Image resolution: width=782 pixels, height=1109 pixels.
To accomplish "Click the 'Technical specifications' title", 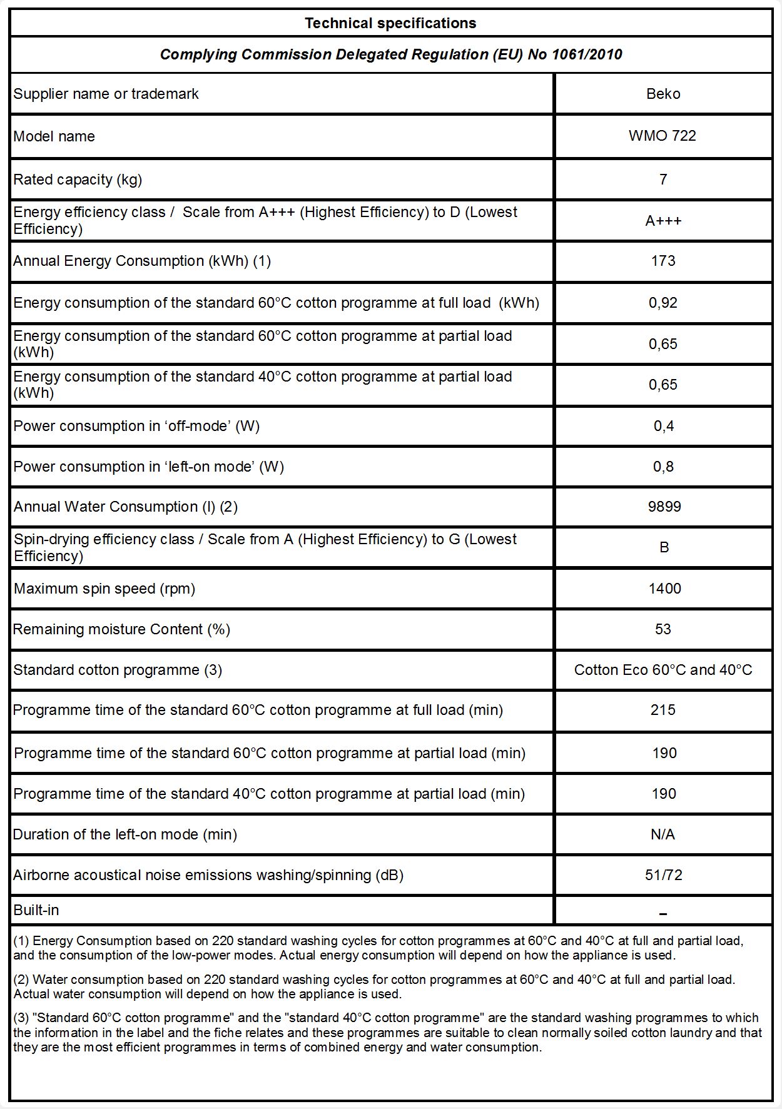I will coord(390,24).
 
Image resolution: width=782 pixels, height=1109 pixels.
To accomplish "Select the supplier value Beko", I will coord(663,94).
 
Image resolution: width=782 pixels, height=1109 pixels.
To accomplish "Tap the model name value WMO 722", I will coord(663,136).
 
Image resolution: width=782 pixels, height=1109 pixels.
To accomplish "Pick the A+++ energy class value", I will coord(663,221).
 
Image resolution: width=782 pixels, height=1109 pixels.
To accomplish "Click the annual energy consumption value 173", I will coord(663,261).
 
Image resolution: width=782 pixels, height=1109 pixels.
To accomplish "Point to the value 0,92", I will coord(663,303).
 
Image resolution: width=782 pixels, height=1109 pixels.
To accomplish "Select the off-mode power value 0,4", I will coord(663,426).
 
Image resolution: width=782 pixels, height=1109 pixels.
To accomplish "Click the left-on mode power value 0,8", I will coord(663,467).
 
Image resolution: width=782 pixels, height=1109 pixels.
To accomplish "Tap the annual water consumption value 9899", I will coord(664,507).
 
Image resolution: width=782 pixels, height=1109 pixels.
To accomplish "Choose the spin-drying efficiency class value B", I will coord(664,547).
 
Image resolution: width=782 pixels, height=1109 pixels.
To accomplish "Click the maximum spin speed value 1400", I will coord(664,589).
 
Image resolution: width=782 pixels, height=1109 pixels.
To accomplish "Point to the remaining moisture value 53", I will coord(663,629).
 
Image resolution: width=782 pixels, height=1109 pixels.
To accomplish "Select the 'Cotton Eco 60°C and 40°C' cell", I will coord(663,670).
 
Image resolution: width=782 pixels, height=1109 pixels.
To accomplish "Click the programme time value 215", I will coord(663,710).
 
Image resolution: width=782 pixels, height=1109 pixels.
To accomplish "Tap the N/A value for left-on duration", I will coord(663,834).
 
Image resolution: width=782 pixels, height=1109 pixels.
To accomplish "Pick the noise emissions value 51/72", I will coord(664,875).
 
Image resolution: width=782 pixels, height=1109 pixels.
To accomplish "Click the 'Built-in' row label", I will coord(36,910).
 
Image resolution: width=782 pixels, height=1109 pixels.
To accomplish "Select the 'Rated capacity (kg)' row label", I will coord(78,180).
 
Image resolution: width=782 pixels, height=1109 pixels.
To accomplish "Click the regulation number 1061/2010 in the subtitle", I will coord(587,54).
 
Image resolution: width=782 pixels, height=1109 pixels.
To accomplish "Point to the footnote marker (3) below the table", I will coord(21,1018).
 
